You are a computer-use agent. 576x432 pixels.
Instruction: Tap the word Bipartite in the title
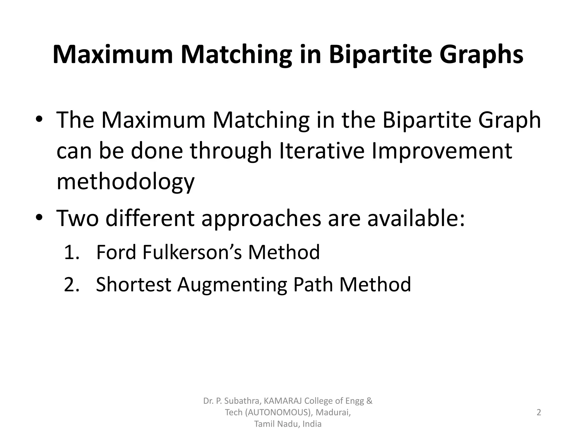380,55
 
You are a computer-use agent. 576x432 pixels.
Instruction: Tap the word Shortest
134,284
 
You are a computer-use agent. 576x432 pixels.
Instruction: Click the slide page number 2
539,412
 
